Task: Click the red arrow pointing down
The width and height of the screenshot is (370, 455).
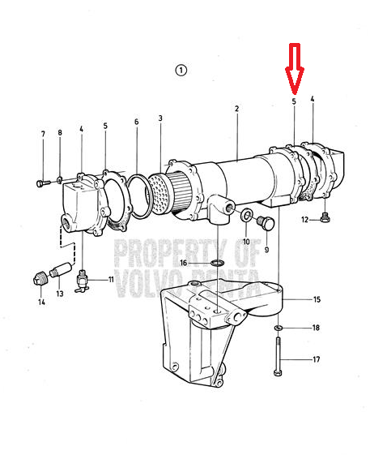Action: [295, 69]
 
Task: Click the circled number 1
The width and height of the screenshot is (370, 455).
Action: [181, 71]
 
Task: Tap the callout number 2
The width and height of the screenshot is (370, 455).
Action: [237, 109]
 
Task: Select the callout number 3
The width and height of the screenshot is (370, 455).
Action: [160, 118]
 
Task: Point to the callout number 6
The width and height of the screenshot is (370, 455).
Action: [137, 122]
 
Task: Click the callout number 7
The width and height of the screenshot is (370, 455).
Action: [43, 134]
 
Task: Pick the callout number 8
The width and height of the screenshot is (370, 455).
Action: [60, 133]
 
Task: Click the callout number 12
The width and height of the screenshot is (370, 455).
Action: [304, 220]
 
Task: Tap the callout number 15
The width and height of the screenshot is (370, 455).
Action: [317, 299]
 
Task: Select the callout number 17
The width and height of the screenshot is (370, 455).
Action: [317, 359]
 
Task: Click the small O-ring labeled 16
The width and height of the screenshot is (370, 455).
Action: [217, 264]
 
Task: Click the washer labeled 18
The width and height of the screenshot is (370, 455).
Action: [279, 328]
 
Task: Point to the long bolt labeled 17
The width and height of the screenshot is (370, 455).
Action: [278, 356]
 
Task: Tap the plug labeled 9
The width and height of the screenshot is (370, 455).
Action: [266, 223]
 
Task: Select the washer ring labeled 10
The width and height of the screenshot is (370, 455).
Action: [247, 216]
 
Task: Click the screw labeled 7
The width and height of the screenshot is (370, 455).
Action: [44, 183]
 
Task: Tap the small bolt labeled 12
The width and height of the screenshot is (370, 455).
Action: [325, 217]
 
